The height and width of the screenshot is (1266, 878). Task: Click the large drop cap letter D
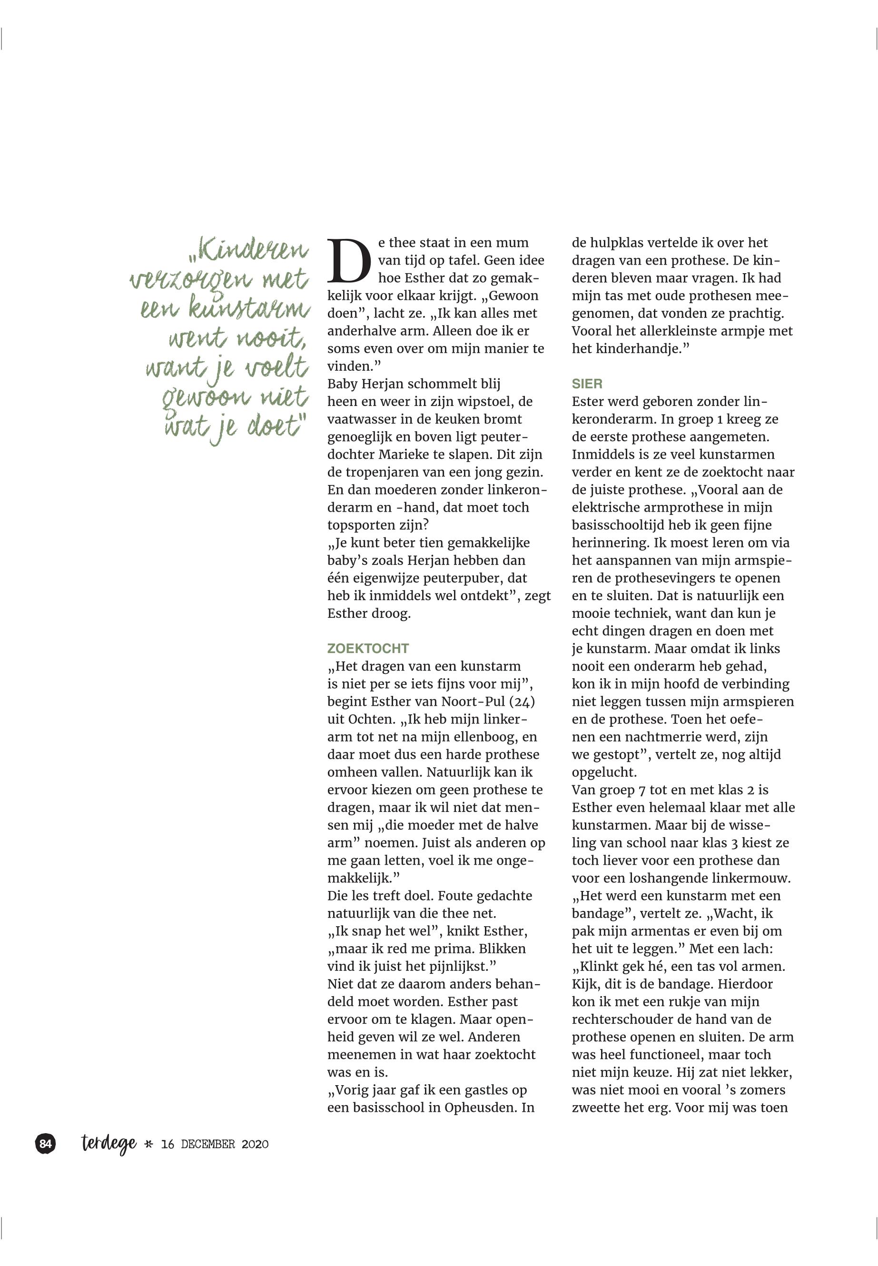coord(349,260)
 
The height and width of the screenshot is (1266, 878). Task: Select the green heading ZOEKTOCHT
coord(368,648)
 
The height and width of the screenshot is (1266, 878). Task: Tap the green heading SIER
coord(587,384)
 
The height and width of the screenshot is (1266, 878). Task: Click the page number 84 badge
coord(46,1144)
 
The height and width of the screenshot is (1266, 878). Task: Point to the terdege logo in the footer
coord(109,1144)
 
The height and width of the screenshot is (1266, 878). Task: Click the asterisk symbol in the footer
coord(148,1145)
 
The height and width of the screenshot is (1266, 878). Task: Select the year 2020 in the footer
coord(255,1145)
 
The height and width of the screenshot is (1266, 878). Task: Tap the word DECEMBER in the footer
coord(208,1145)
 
